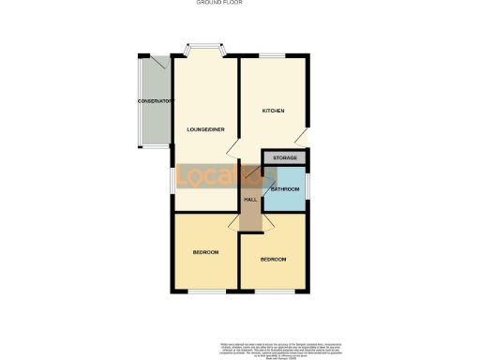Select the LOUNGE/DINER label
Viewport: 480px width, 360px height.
pos(203,128)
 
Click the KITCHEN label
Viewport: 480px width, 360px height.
pos(273,111)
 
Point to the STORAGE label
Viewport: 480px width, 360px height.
pos(285,157)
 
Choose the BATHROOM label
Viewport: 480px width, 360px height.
pos(285,189)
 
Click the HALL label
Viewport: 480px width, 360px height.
pos(250,199)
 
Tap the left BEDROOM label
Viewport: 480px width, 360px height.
pos(206,252)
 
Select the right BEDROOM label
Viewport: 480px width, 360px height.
pos(273,259)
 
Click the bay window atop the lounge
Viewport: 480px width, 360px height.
pos(203,48)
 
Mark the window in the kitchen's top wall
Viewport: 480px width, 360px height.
pos(273,56)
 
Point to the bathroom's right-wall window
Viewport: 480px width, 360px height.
pos(307,189)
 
